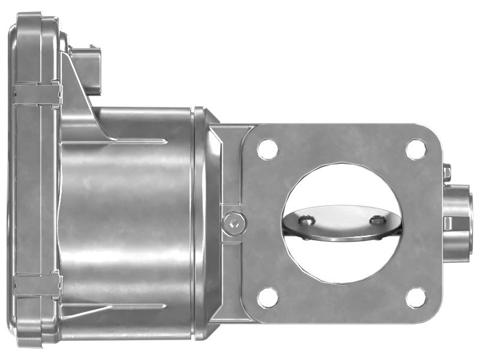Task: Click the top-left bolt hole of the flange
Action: [x=268, y=149]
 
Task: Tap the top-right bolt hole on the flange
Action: [x=416, y=149]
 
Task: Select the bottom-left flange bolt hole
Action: [x=268, y=297]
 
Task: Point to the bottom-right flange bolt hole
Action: [x=415, y=296]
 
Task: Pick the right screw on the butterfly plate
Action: [x=377, y=220]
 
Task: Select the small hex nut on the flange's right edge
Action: [x=446, y=173]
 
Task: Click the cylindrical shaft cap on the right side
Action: [x=459, y=220]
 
